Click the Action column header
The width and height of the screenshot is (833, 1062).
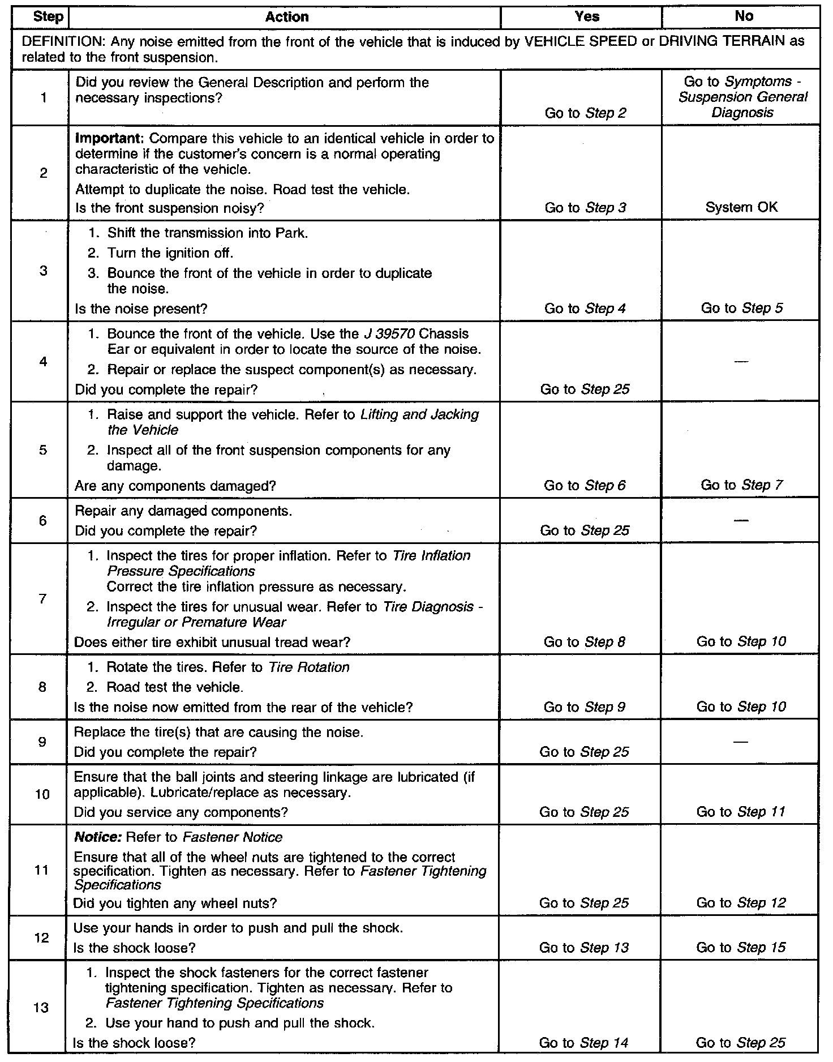click(287, 17)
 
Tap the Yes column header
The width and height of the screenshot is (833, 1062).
click(587, 17)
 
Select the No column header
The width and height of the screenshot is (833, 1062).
click(744, 17)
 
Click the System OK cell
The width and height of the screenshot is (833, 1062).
click(741, 207)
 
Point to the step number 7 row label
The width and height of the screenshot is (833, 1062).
click(42, 599)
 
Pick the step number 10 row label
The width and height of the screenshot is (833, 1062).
click(42, 794)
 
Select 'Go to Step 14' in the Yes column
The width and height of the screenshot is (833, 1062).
click(584, 1042)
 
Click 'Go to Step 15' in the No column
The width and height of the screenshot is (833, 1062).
click(741, 948)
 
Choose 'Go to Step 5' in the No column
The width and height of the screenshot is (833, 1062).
click(742, 309)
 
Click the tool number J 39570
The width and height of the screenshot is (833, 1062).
click(388, 334)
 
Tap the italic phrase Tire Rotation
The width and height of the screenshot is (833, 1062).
click(308, 667)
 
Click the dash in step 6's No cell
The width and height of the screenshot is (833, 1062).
click(741, 520)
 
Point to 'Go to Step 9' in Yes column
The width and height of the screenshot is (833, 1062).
click(585, 707)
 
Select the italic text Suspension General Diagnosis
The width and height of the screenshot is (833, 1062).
click(742, 105)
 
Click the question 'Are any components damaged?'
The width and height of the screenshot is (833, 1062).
click(175, 486)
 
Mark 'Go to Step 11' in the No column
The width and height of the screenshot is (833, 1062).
click(741, 812)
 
